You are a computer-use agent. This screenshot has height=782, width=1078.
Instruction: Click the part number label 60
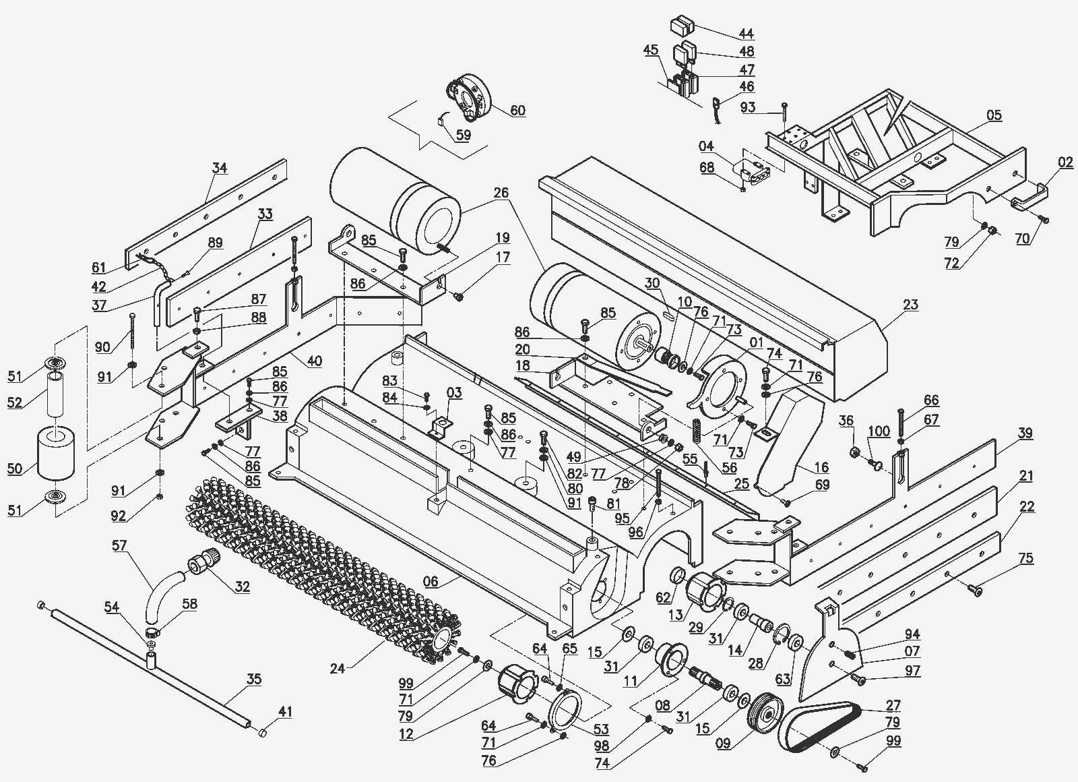[517, 111]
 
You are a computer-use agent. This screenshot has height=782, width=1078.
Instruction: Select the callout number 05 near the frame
[994, 115]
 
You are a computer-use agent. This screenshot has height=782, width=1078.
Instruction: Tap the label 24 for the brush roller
[338, 669]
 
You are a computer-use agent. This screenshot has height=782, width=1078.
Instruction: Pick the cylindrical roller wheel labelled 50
[57, 452]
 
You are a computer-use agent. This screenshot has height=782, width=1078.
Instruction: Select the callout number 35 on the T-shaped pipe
[253, 679]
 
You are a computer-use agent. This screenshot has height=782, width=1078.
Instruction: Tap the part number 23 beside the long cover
[910, 304]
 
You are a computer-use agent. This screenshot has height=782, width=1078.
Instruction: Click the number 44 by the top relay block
[746, 33]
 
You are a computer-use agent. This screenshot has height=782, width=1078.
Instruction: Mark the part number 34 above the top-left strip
[220, 168]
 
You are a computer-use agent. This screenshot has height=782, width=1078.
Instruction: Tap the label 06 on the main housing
[431, 582]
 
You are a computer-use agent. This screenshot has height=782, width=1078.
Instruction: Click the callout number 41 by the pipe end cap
[286, 711]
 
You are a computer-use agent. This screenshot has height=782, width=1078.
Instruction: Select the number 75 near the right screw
[1026, 558]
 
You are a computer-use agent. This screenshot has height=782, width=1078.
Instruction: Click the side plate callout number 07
[912, 651]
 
